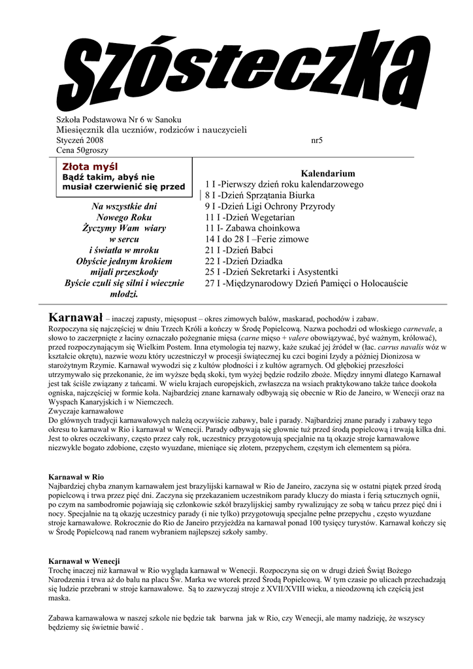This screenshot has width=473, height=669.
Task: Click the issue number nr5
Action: pyautogui.click(x=318, y=140)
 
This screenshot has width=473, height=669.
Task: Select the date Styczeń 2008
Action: pyautogui.click(x=76, y=140)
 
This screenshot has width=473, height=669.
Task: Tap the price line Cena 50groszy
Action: pyautogui.click(x=75, y=151)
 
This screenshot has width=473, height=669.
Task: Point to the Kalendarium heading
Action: pyautogui.click(x=327, y=174)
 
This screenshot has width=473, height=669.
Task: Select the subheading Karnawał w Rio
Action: pyautogui.click(x=76, y=478)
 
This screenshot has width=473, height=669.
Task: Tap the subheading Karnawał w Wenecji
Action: pyautogui.click(x=85, y=562)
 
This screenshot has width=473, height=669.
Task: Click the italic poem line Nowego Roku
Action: pyautogui.click(x=123, y=217)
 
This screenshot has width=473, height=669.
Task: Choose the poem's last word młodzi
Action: pyautogui.click(x=123, y=295)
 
